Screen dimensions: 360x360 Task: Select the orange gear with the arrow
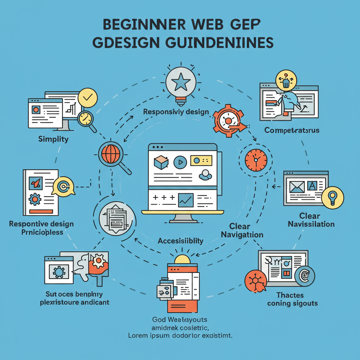tap(228, 121)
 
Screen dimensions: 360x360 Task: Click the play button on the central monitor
tap(180, 162)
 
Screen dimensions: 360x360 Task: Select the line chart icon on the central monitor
tap(186, 201)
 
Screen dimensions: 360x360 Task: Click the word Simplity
tap(53, 139)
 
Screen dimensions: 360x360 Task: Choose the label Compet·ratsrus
tap(292, 130)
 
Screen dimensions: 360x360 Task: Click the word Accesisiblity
tap(180, 241)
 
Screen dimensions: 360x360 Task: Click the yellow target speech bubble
tap(64, 187)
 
